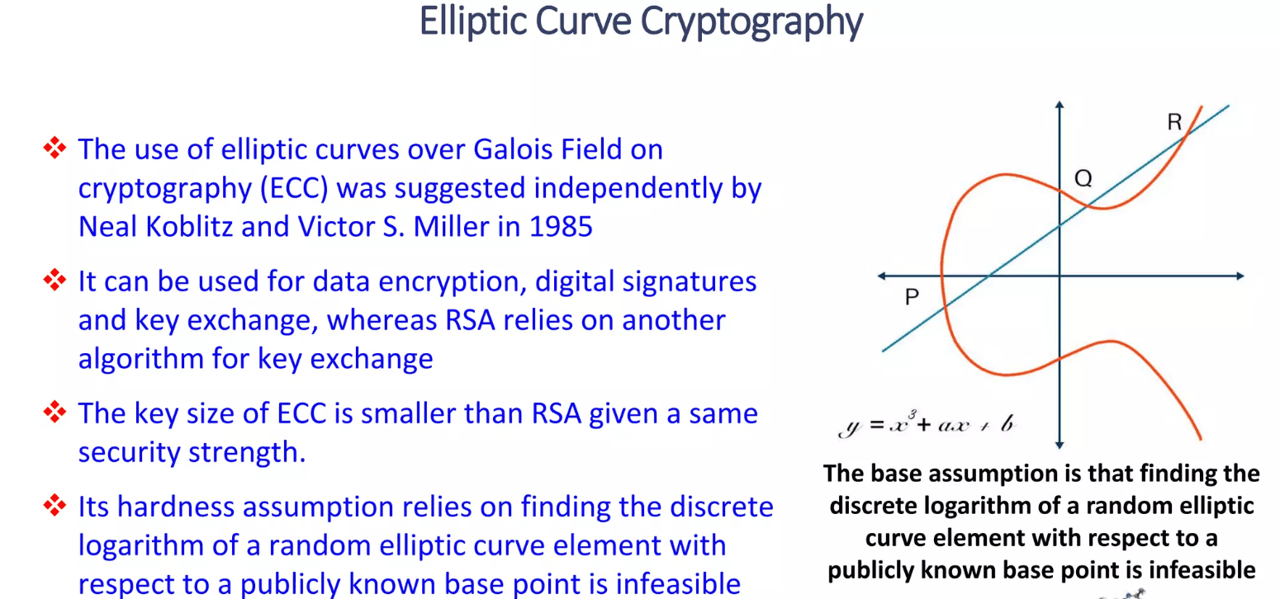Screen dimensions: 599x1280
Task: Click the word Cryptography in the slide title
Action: coord(751,22)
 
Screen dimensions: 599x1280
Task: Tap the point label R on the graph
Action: coord(1174,123)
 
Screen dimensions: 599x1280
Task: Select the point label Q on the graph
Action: coord(1083,177)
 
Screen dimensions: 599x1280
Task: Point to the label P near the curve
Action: coord(912,297)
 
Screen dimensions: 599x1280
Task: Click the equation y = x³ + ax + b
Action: coord(927,425)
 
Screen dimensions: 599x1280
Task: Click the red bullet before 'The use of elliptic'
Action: coord(54,149)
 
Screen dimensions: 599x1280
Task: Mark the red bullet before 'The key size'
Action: coord(54,412)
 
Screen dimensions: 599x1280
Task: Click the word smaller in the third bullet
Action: coord(430,412)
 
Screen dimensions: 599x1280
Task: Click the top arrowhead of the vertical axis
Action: coord(1060,105)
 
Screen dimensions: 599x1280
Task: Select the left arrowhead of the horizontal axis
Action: coord(882,276)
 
